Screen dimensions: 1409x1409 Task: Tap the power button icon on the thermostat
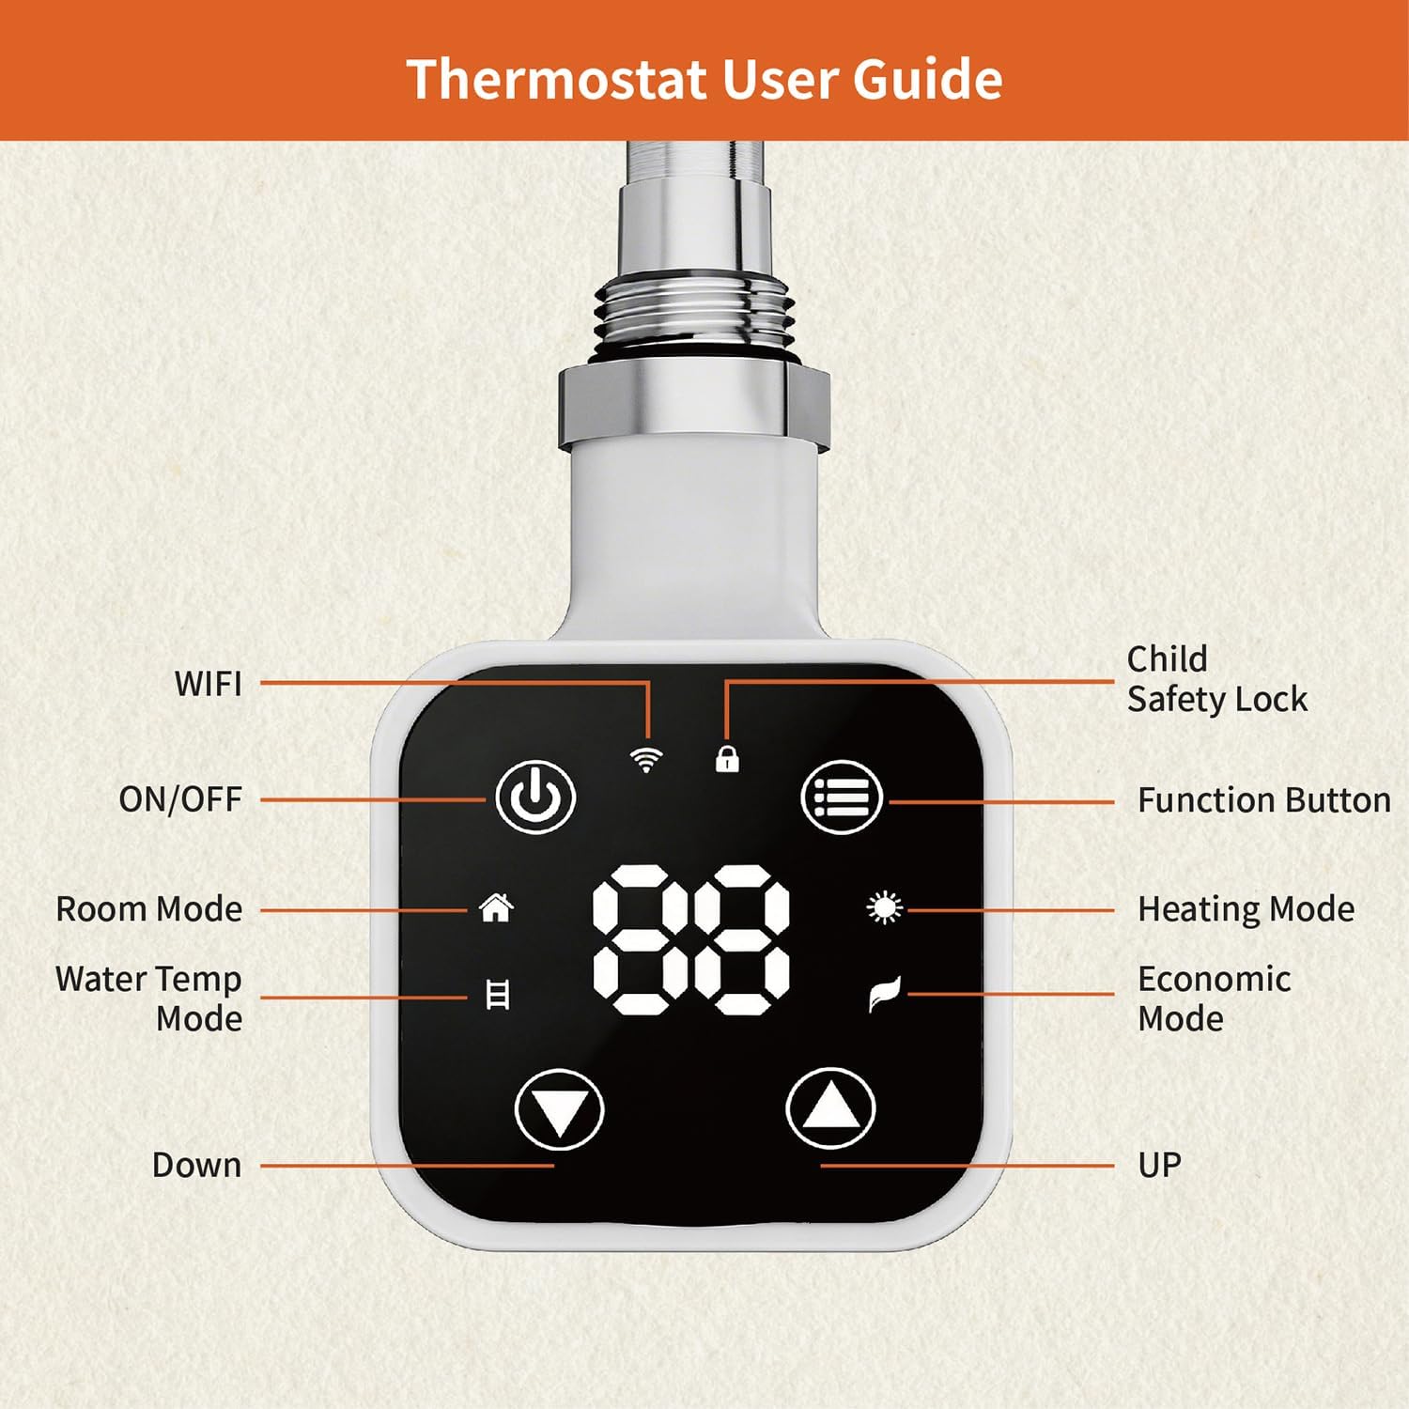535,797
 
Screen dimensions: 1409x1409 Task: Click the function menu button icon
842,797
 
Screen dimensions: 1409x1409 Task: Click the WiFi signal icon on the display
646,760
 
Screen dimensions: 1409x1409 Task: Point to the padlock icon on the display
727,758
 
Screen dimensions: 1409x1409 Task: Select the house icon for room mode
496,908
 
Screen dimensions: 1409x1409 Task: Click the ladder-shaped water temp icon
498,995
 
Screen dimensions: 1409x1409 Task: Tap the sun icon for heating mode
884,908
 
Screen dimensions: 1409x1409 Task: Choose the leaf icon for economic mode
885,994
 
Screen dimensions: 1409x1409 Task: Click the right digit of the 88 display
742,939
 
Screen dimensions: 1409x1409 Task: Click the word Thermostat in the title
557,79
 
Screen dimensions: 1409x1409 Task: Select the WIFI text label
208,684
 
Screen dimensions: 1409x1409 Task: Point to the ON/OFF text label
180,799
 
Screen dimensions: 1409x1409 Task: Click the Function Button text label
1264,800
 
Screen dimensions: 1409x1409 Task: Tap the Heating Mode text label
1246,909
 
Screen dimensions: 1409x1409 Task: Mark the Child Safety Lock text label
1217,679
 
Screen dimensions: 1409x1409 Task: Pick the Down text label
197,1165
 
